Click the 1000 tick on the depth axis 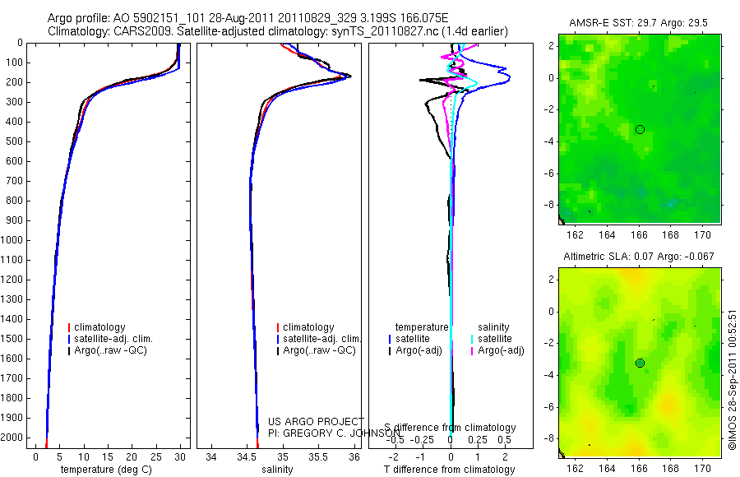click(x=14, y=240)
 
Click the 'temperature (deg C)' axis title click(x=102, y=470)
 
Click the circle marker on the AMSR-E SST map click(x=640, y=129)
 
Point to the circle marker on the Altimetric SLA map click(x=640, y=363)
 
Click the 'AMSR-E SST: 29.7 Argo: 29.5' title click(x=639, y=23)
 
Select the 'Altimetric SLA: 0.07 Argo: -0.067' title click(x=639, y=257)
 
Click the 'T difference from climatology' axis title click(x=450, y=470)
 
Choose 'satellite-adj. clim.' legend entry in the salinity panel click(x=321, y=339)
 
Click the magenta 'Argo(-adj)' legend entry click(x=501, y=350)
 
